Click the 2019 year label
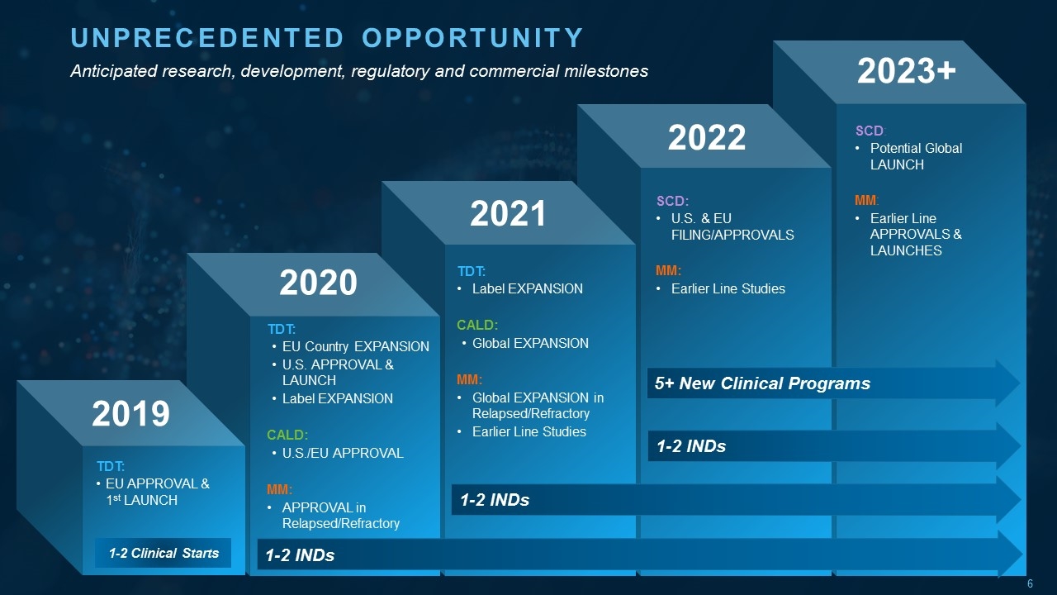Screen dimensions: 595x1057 (x=130, y=413)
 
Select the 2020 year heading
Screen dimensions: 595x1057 (x=318, y=283)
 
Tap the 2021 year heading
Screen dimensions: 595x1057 (x=508, y=213)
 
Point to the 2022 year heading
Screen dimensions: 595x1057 (x=706, y=137)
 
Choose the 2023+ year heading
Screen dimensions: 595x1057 (x=906, y=71)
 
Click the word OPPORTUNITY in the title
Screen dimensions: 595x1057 (x=472, y=38)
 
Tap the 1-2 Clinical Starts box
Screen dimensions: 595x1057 (x=164, y=553)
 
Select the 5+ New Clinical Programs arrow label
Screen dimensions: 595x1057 (x=761, y=383)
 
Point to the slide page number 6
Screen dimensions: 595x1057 (x=1030, y=584)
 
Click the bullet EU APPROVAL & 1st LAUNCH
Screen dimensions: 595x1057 (x=152, y=492)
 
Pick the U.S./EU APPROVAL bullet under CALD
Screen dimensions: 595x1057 (x=342, y=453)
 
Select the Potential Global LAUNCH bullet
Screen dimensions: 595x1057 (x=915, y=156)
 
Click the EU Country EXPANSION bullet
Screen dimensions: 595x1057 (x=355, y=346)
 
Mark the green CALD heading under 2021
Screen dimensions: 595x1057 (x=477, y=325)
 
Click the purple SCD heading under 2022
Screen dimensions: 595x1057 (x=672, y=201)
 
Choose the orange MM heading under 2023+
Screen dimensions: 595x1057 (x=865, y=201)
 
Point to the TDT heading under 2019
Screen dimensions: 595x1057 (x=110, y=466)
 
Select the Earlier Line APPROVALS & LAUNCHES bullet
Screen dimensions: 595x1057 (x=915, y=235)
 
